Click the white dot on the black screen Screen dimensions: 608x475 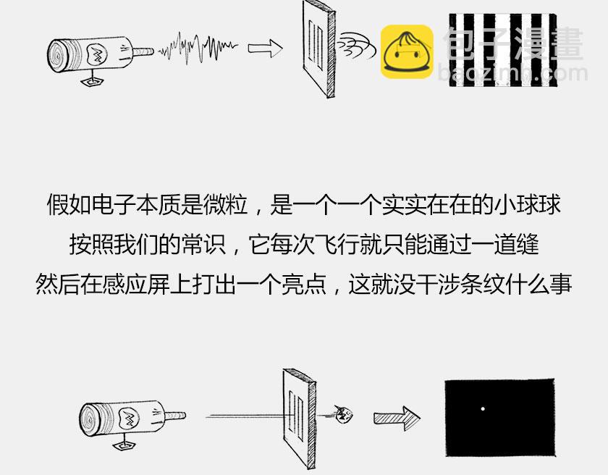pos(483,408)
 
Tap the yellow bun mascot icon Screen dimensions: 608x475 pos(407,51)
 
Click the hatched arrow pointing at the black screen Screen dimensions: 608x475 pos(397,418)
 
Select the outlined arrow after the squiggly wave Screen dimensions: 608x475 pos(265,49)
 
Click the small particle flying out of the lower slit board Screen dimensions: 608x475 pos(343,415)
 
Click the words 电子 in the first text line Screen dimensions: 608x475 pos(114,204)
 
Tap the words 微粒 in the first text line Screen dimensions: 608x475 pos(225,204)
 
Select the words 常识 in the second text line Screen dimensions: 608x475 pos(204,244)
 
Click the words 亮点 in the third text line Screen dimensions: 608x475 pos(303,284)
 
